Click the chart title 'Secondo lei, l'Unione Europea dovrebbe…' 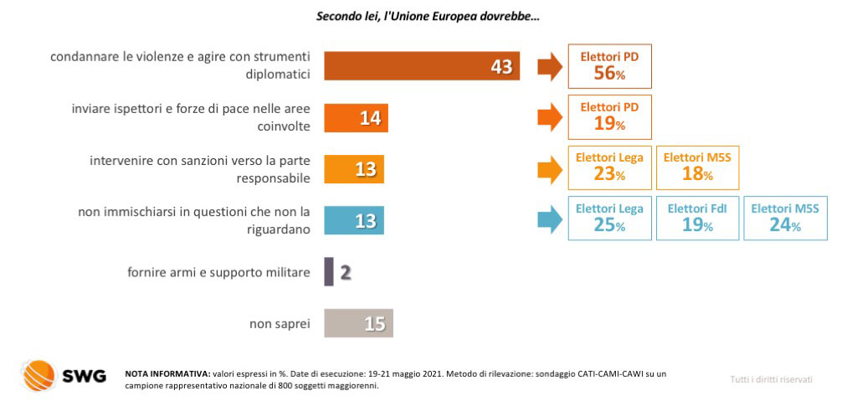coord(428,17)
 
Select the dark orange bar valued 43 coord(422,66)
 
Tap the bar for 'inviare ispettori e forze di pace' coord(356,117)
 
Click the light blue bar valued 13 coord(354,220)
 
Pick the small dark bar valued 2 coord(328,271)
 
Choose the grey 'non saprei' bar coord(358,323)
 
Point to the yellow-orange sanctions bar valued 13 coord(354,169)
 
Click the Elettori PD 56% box coord(610,65)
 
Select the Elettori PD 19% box coord(610,117)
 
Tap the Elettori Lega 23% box coord(610,167)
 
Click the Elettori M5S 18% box coord(697,167)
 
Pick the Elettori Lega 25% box coord(610,218)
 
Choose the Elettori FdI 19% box coord(697,218)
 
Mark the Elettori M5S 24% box coord(785,218)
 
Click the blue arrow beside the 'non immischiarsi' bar coord(550,220)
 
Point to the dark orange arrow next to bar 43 coord(550,67)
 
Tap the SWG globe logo coord(38,375)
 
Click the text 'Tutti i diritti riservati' coord(771,379)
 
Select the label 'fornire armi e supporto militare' coord(218,272)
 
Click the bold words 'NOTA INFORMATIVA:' coord(167,374)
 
